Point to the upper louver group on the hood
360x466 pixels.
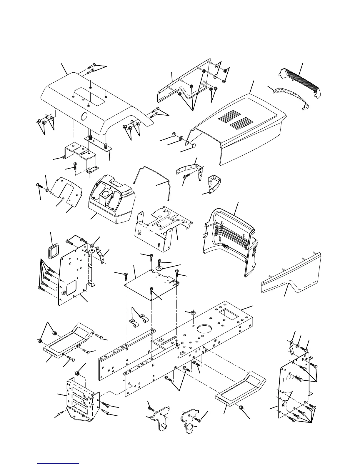coord(228,116)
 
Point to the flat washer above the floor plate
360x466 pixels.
coord(160,268)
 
